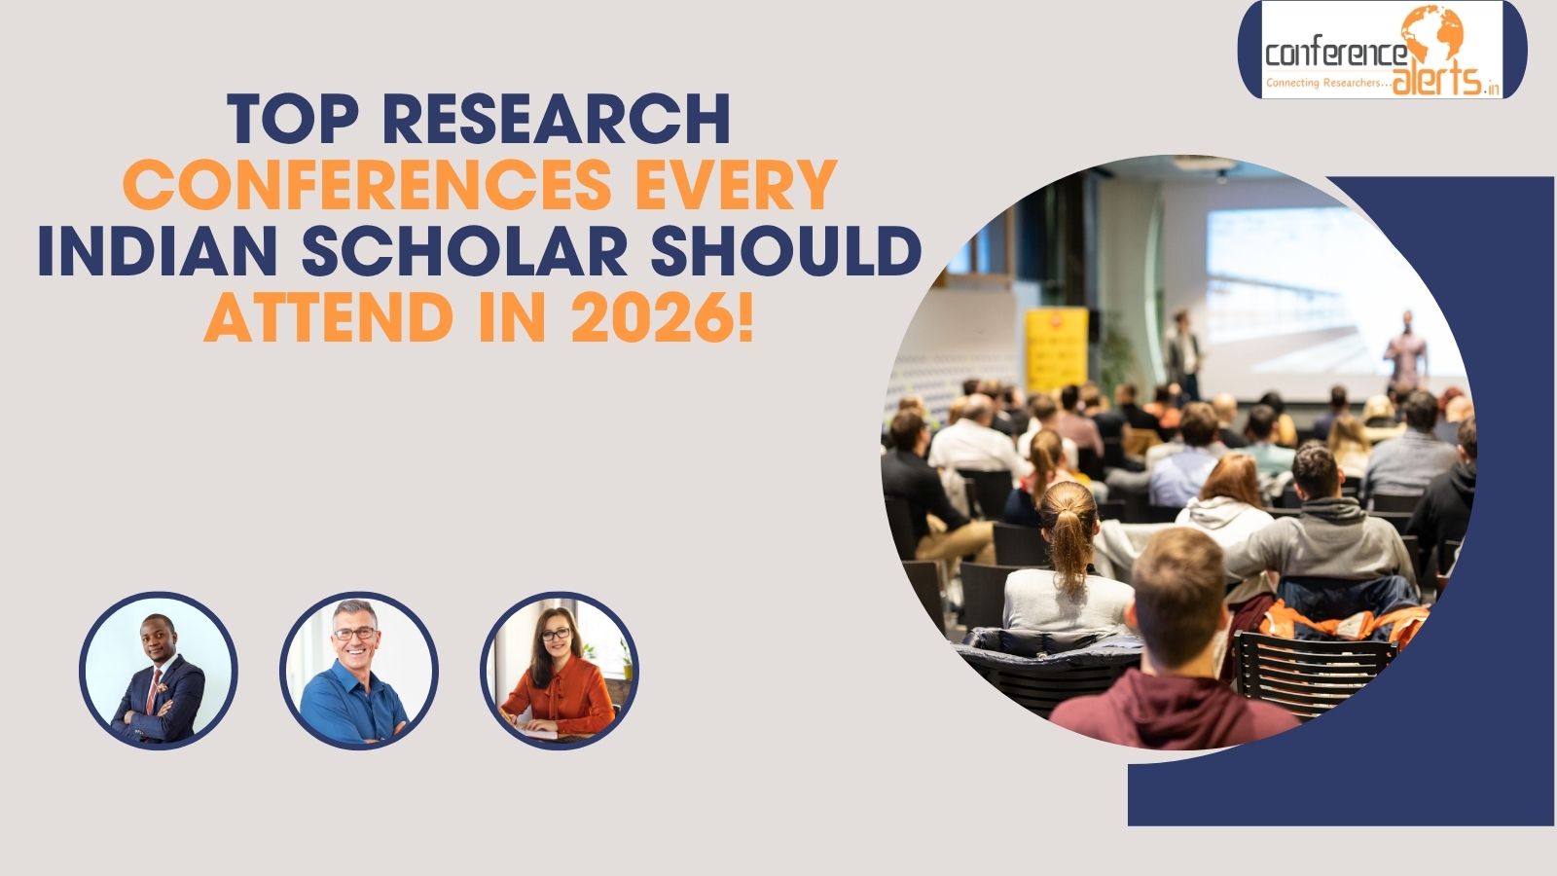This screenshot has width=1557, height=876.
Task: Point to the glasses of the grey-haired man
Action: coord(354,634)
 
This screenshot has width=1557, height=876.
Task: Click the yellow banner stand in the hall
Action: coord(1056,350)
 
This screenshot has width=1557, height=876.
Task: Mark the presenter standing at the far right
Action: coord(1405,350)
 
